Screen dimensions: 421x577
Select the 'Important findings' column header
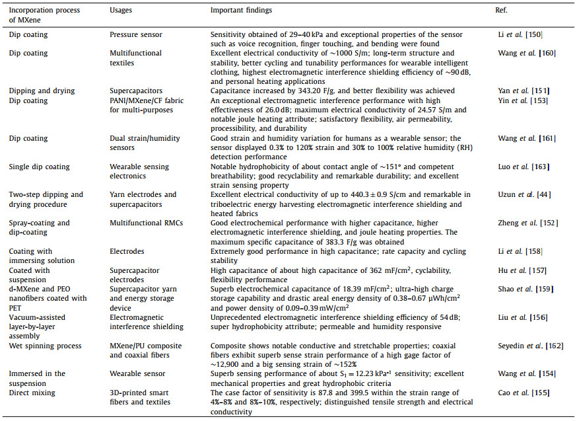point(240,11)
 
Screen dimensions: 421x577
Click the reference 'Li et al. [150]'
point(519,34)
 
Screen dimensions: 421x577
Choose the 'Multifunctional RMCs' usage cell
point(143,223)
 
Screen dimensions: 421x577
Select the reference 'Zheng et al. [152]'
point(525,223)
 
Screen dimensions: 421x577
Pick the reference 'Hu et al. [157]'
point(520,270)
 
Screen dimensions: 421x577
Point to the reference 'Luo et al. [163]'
point(521,167)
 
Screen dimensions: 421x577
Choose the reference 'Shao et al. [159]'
point(523,289)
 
